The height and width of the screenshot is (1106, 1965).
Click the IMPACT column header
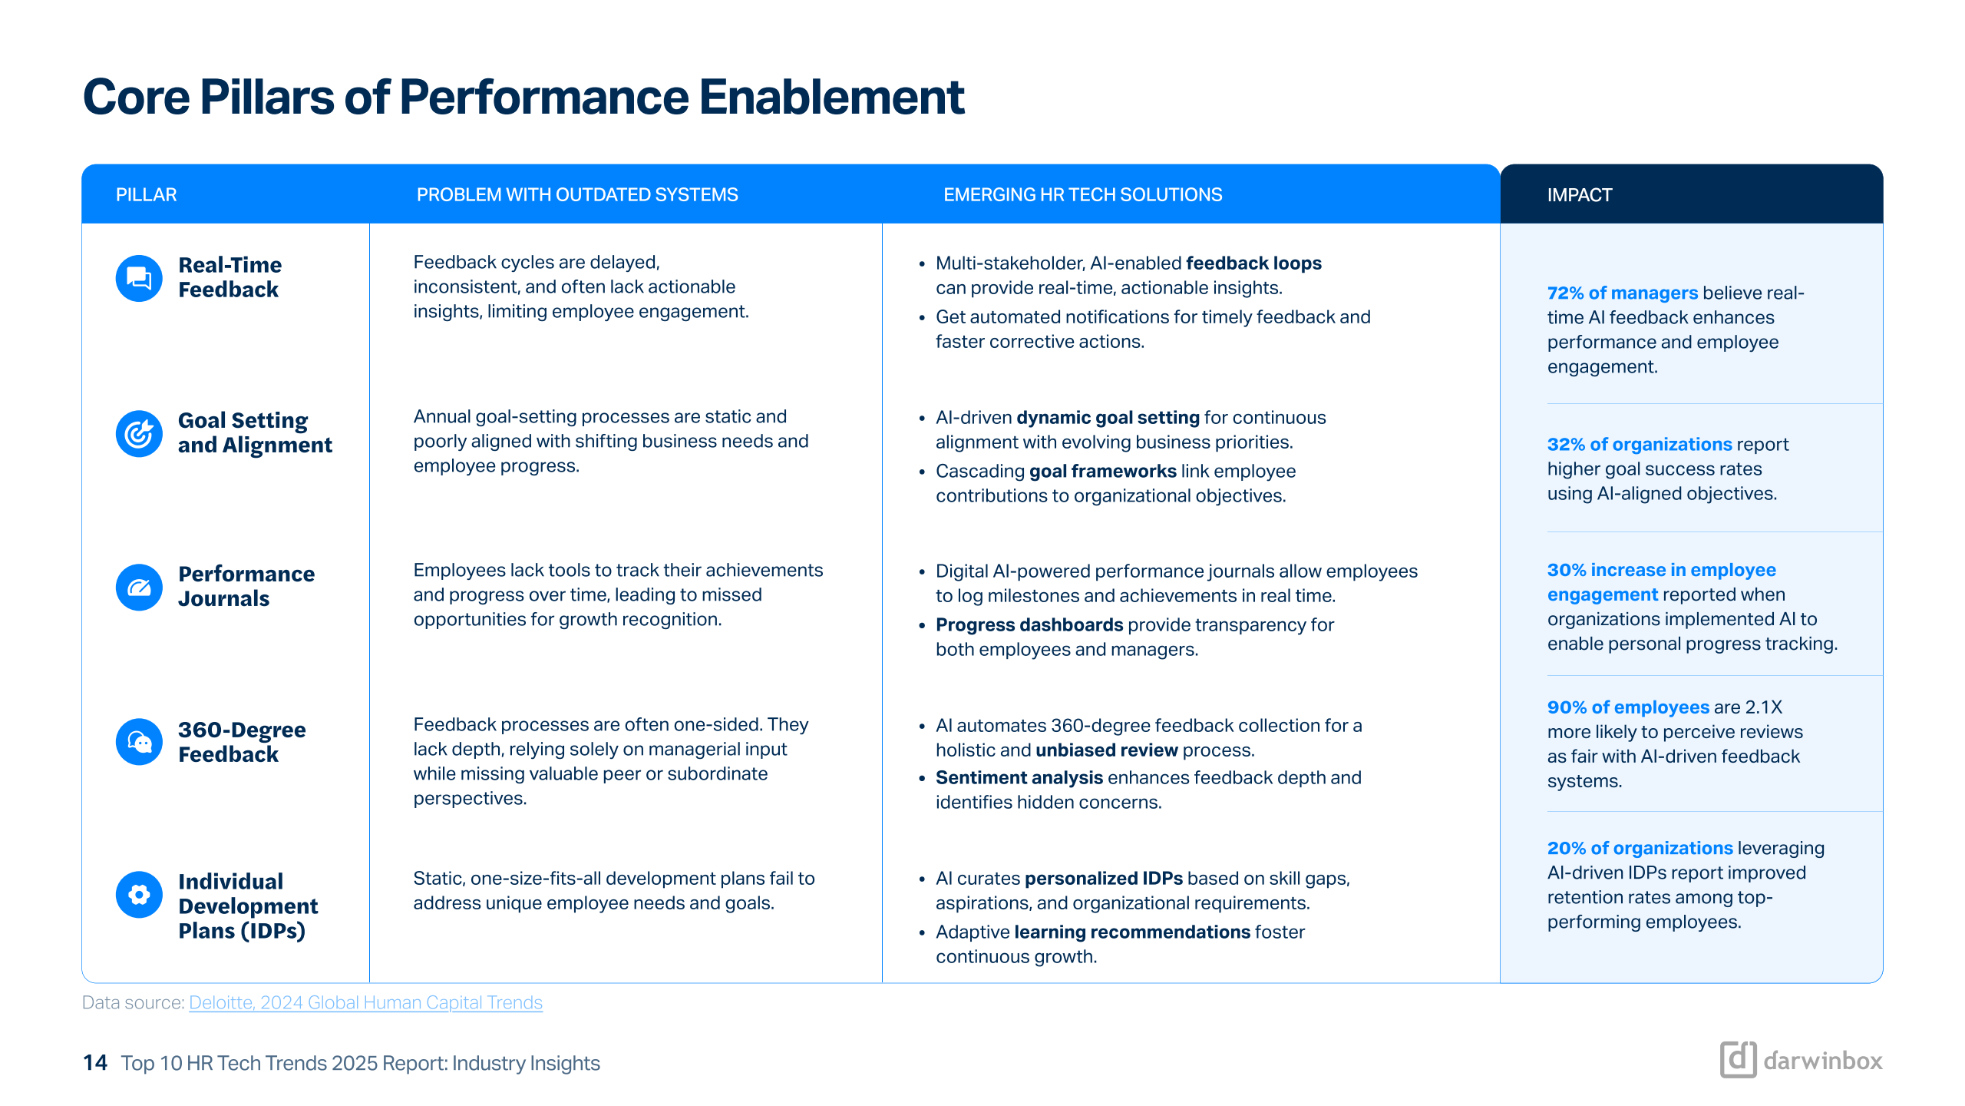[x=1579, y=195]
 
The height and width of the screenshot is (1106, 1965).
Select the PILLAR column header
[x=146, y=195]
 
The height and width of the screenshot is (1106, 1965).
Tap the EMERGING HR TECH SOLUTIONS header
[x=1082, y=195]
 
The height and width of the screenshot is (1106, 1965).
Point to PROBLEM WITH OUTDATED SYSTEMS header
[x=577, y=195]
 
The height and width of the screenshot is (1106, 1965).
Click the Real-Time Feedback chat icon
[x=139, y=278]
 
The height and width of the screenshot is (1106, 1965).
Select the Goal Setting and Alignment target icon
[x=139, y=433]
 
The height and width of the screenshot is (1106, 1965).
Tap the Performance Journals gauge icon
[x=139, y=588]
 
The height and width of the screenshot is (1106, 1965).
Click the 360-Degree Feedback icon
[x=139, y=741]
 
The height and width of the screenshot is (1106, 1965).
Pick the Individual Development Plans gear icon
[x=139, y=894]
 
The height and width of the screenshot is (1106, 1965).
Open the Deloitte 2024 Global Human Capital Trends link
[x=365, y=1002]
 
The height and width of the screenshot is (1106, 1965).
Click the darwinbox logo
[x=1801, y=1061]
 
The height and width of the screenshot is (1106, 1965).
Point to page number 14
[x=95, y=1063]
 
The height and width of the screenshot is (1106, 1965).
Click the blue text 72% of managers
[x=1622, y=293]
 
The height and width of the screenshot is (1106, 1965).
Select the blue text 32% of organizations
[x=1640, y=445]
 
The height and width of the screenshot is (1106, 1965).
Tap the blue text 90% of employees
[x=1628, y=707]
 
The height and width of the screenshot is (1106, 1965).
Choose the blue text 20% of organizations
[x=1640, y=848]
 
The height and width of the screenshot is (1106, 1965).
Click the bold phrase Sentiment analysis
[x=1019, y=778]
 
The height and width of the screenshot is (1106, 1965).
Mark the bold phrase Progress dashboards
[x=1029, y=625]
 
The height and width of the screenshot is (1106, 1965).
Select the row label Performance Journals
[x=246, y=587]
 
